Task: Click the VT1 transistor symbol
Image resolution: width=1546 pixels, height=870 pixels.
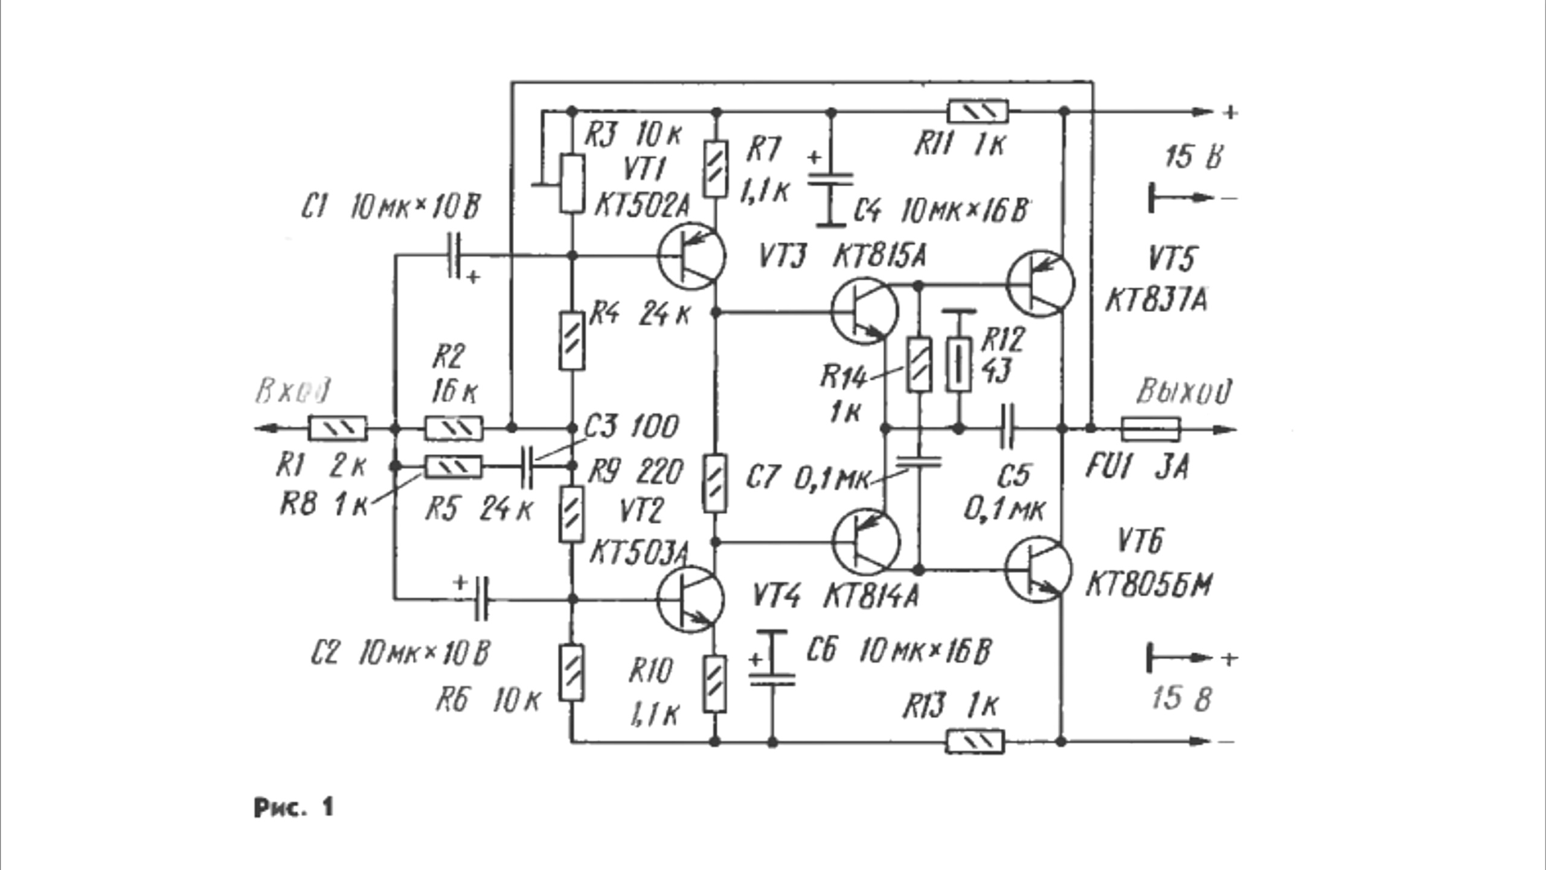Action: click(x=691, y=256)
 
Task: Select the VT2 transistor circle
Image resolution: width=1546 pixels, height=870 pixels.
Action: click(x=690, y=599)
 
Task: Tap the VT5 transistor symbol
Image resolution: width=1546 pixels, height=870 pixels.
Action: click(x=1040, y=283)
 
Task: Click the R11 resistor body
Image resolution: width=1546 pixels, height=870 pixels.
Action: click(x=978, y=112)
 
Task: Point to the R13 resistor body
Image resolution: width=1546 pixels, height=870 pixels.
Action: click(x=975, y=741)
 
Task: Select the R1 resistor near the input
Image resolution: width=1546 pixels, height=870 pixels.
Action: click(x=338, y=428)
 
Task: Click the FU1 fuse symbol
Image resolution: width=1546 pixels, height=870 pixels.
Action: click(x=1150, y=429)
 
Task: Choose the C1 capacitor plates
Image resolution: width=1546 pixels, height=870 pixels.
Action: click(x=454, y=256)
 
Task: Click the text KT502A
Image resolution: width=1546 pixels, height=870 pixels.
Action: click(x=641, y=206)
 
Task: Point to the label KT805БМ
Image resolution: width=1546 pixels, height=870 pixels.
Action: click(x=1149, y=585)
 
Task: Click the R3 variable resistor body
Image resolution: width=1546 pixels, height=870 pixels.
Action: click(x=572, y=183)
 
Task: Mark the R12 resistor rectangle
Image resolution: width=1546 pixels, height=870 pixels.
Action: click(x=958, y=364)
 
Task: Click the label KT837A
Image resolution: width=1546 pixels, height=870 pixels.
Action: click(x=1156, y=300)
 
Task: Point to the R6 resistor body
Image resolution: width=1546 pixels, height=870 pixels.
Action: click(x=571, y=672)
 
